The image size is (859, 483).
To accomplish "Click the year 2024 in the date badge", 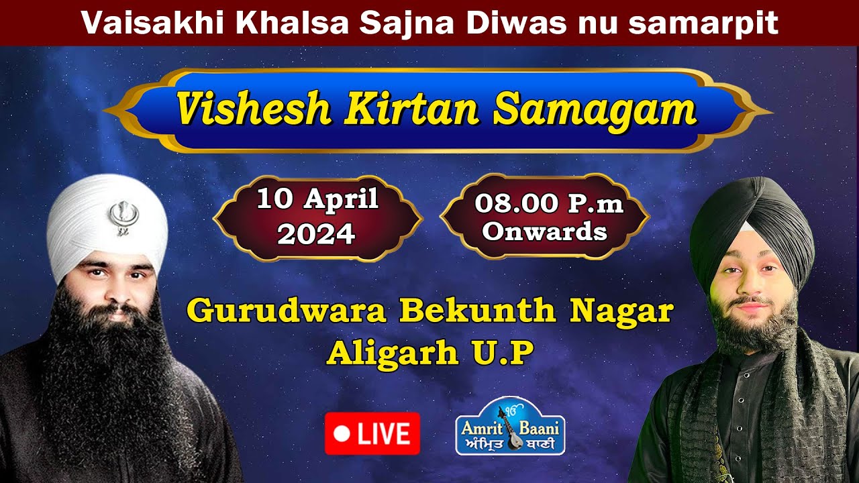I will (316, 233).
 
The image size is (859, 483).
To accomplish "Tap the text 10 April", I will (317, 200).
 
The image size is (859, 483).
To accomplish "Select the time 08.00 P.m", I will (549, 203).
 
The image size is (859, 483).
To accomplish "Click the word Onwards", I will (544, 231).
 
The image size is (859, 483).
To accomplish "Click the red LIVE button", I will (372, 434).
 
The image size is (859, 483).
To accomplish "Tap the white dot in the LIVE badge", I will (342, 434).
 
